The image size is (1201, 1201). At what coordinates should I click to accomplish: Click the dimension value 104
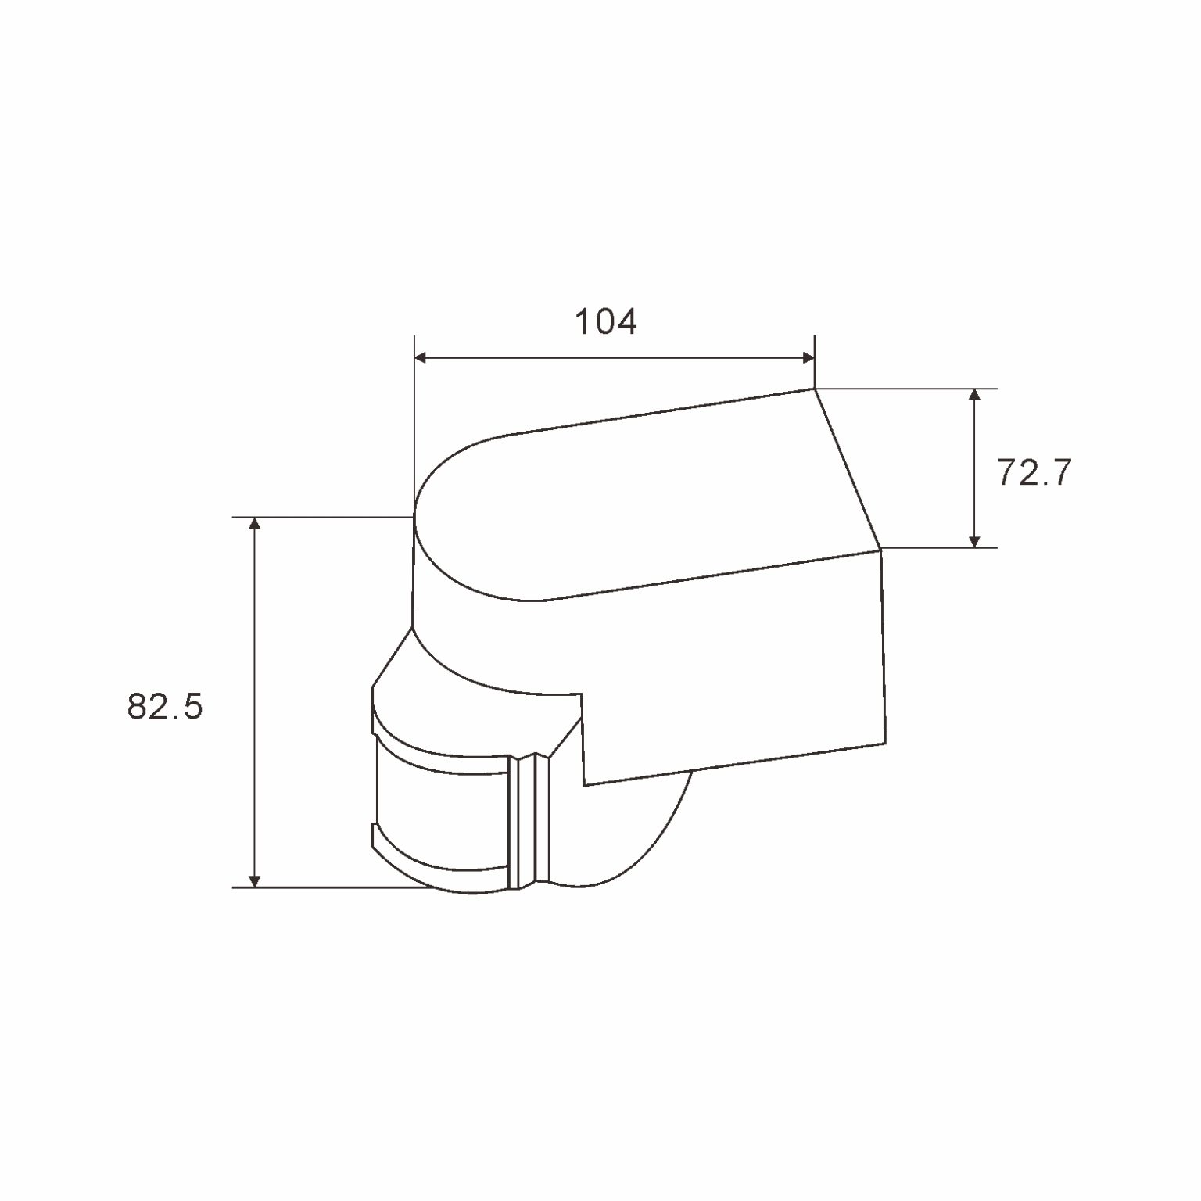(x=606, y=322)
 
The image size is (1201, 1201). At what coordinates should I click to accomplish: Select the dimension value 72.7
(x=1033, y=474)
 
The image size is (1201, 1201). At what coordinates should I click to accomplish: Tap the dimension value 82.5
(x=165, y=707)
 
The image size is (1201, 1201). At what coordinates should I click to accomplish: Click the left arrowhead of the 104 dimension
(x=421, y=358)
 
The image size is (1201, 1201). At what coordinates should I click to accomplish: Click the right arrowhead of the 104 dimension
(x=808, y=358)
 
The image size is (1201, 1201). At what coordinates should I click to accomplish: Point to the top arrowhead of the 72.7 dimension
(x=973, y=395)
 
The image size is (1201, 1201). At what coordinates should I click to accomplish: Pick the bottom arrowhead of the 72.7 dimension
(x=973, y=540)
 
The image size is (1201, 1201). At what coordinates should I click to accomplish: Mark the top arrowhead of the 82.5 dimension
(x=253, y=524)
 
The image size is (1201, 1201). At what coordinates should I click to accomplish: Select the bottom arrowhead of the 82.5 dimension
(x=253, y=880)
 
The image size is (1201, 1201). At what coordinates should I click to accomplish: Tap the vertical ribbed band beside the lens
(x=529, y=821)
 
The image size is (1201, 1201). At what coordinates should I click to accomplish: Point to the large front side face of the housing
(x=735, y=665)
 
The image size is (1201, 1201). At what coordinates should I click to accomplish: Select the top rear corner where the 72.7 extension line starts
(x=815, y=389)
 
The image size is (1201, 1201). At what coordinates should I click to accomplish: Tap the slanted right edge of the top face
(x=848, y=469)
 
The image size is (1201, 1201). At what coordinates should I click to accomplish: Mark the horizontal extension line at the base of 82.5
(x=328, y=887)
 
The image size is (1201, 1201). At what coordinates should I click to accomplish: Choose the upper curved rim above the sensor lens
(x=438, y=747)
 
